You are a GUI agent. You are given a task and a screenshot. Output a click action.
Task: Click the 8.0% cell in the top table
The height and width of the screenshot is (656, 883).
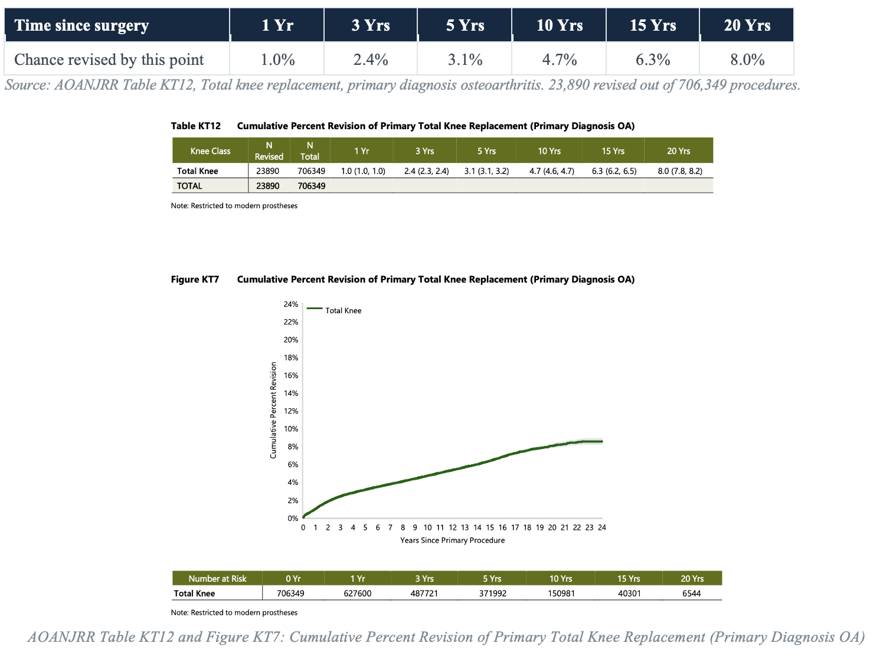[747, 60]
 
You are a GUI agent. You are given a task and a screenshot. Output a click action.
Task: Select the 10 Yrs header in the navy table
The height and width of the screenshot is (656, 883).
[560, 25]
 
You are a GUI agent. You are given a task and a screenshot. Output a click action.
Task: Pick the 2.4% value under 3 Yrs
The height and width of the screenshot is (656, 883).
[371, 60]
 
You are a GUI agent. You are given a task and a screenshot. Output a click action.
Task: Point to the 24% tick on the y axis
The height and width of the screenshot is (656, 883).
[290, 304]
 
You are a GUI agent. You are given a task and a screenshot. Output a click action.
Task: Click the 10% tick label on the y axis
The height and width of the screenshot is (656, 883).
[290, 429]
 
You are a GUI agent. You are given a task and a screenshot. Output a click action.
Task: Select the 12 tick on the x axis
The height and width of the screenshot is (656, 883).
[453, 527]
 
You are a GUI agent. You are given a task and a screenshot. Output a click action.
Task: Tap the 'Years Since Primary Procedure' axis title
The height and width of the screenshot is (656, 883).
[452, 540]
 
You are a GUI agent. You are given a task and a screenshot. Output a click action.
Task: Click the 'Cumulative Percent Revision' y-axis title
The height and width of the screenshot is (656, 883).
[273, 410]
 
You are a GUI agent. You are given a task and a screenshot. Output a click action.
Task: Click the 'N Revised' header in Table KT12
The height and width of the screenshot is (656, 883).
[269, 151]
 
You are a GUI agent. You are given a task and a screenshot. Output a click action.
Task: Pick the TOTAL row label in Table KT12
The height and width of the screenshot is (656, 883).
[189, 186]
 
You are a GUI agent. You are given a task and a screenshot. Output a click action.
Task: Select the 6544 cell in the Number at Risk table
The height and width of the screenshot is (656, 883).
[692, 593]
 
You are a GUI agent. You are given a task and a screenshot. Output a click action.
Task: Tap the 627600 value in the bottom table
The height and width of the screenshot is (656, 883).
[358, 593]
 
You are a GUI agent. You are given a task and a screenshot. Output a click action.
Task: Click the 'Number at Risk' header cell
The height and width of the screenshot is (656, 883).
[217, 578]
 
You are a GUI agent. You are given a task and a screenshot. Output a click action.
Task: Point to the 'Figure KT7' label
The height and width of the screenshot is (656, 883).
[195, 280]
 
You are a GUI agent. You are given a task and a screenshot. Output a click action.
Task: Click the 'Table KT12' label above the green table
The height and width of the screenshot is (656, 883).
[196, 126]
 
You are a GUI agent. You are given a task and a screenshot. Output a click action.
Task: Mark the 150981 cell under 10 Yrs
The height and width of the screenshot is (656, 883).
[561, 593]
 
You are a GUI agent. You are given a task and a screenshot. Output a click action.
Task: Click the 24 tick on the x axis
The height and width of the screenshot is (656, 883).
[602, 527]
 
